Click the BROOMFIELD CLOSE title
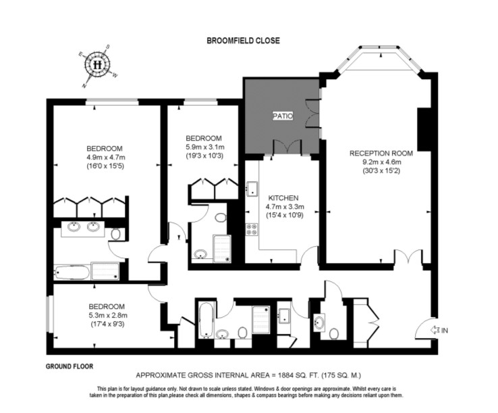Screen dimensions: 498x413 click(x=244, y=41)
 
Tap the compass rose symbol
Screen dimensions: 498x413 click(x=97, y=65)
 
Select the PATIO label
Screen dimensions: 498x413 click(x=283, y=116)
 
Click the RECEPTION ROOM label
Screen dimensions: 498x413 click(x=381, y=153)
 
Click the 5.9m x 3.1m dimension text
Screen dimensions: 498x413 click(x=205, y=147)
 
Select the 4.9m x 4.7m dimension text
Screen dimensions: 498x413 click(x=106, y=157)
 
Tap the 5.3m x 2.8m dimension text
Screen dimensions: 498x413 click(x=108, y=315)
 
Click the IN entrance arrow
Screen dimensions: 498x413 click(x=434, y=331)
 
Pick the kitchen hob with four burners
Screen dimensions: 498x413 click(x=252, y=229)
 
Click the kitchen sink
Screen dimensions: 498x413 click(x=252, y=189)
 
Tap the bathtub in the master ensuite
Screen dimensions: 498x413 click(x=72, y=272)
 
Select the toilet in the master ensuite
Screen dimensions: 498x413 click(x=116, y=234)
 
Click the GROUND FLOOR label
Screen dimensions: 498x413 click(x=70, y=366)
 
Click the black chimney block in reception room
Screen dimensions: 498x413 click(x=423, y=130)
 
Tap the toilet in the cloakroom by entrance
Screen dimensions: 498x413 click(x=333, y=334)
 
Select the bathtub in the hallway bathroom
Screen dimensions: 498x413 click(x=206, y=320)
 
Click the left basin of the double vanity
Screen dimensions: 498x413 click(x=74, y=226)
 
